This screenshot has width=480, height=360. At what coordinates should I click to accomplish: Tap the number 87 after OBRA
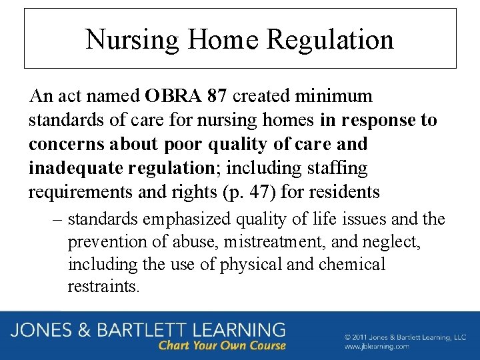coord(217,96)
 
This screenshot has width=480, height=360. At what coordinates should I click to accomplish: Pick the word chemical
coord(352,265)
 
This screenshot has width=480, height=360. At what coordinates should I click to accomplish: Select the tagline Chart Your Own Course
coord(222,345)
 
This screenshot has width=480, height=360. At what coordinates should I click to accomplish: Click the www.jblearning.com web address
coord(377,347)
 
